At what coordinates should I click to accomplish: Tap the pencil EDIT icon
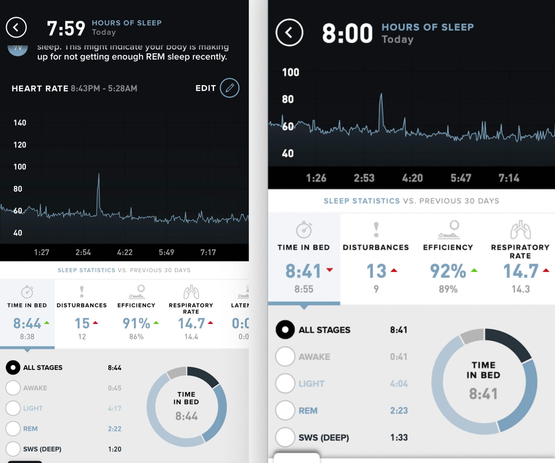(229, 88)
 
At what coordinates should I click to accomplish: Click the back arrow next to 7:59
(16, 28)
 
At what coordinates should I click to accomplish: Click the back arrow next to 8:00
(289, 33)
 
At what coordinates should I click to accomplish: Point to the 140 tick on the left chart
(20, 123)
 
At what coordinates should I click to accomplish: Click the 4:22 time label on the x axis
(125, 252)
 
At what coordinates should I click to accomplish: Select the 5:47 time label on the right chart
(461, 178)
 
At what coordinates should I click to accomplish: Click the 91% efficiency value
(136, 323)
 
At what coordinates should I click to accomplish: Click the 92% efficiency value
(448, 271)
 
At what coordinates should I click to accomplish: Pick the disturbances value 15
(82, 323)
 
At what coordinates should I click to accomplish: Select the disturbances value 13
(376, 271)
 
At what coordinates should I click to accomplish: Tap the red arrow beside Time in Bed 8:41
(330, 270)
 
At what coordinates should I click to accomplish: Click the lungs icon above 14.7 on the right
(520, 230)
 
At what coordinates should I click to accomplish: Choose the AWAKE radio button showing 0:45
(13, 388)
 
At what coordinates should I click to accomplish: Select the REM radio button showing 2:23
(285, 410)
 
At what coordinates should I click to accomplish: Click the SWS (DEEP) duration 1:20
(114, 449)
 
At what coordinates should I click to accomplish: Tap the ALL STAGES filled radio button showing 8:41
(285, 330)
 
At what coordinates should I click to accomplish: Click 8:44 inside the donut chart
(186, 416)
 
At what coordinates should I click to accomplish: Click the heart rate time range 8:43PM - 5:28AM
(104, 88)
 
